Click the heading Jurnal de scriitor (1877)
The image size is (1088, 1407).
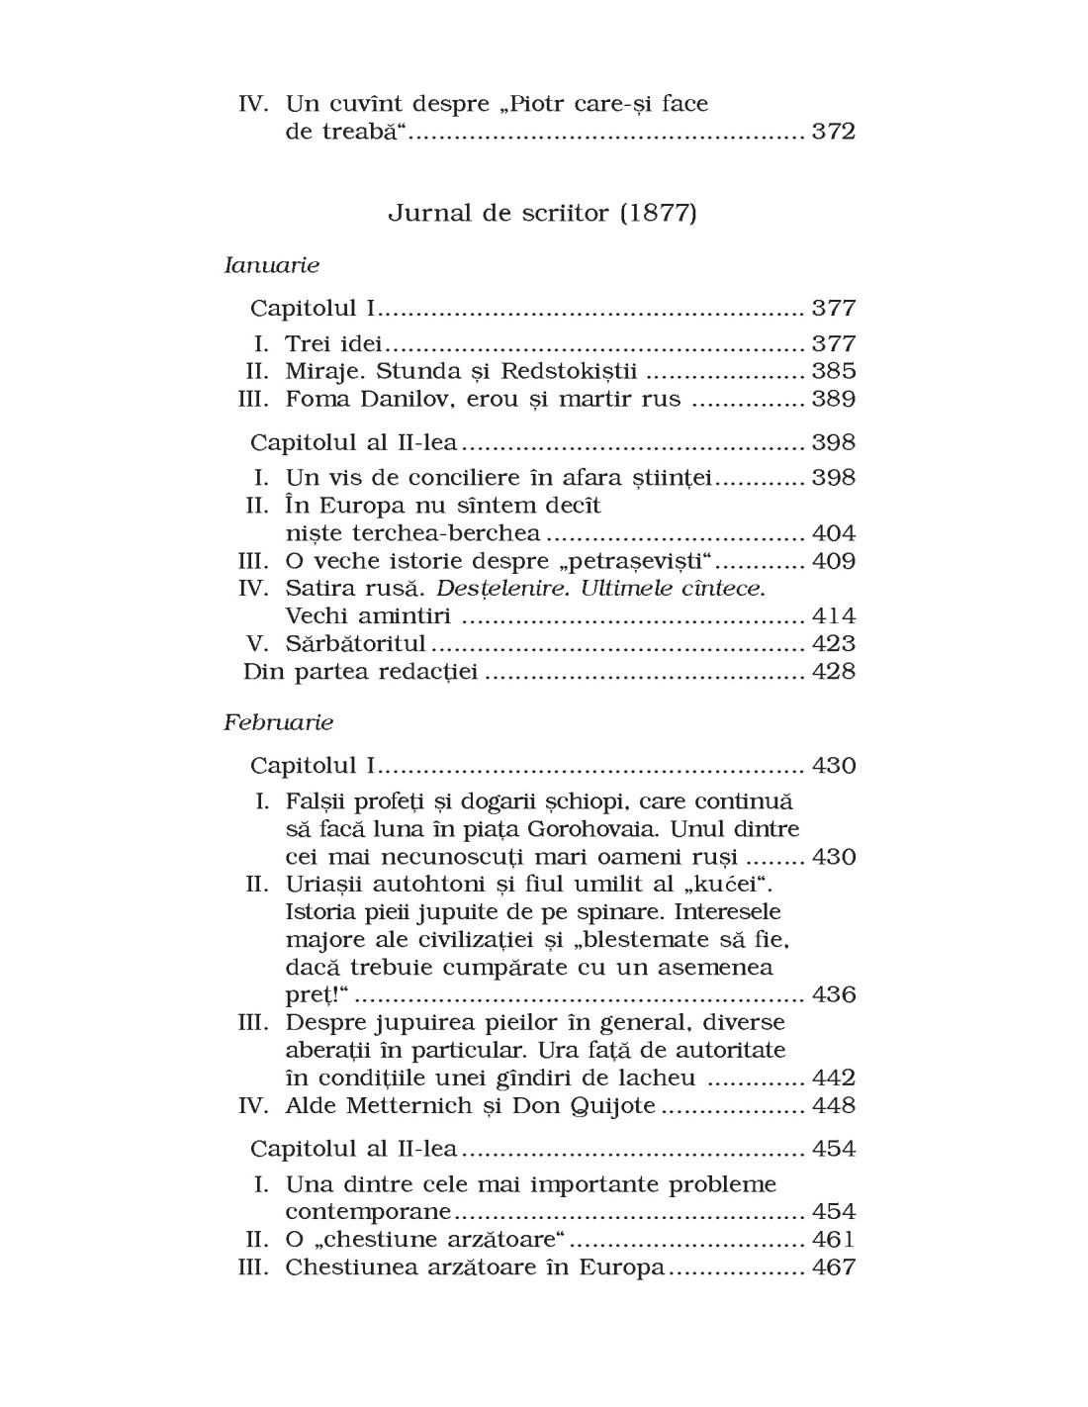pos(542,213)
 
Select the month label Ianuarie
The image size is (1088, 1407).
pos(272,265)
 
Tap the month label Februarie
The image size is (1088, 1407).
pos(279,722)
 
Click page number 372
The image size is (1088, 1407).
pos(833,132)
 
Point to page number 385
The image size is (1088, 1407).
pos(833,371)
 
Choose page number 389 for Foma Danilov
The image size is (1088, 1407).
pos(833,399)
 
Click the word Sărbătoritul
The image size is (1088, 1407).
pos(355,644)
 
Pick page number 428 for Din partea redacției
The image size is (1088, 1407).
pos(833,672)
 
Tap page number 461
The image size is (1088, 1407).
pos(833,1240)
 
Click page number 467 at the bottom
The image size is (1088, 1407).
pos(833,1267)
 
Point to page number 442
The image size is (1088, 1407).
pos(833,1078)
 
